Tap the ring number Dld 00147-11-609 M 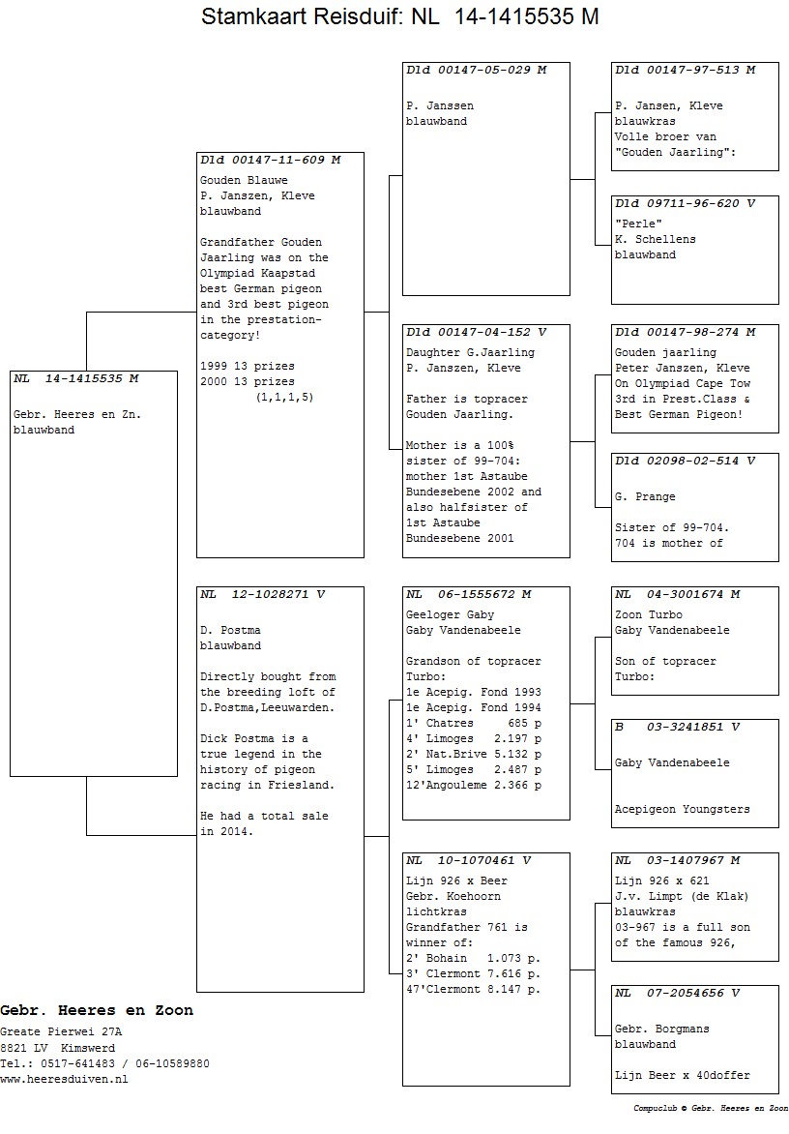click(x=270, y=160)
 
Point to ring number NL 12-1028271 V click(x=263, y=594)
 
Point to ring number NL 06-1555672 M click(x=469, y=594)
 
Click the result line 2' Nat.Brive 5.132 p click(x=474, y=754)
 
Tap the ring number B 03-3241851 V click(x=677, y=727)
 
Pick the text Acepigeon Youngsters click(x=682, y=809)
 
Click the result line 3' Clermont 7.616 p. click(x=474, y=973)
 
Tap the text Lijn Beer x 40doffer click(x=682, y=1075)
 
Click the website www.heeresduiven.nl click(x=64, y=1079)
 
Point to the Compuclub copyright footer click(x=711, y=1109)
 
